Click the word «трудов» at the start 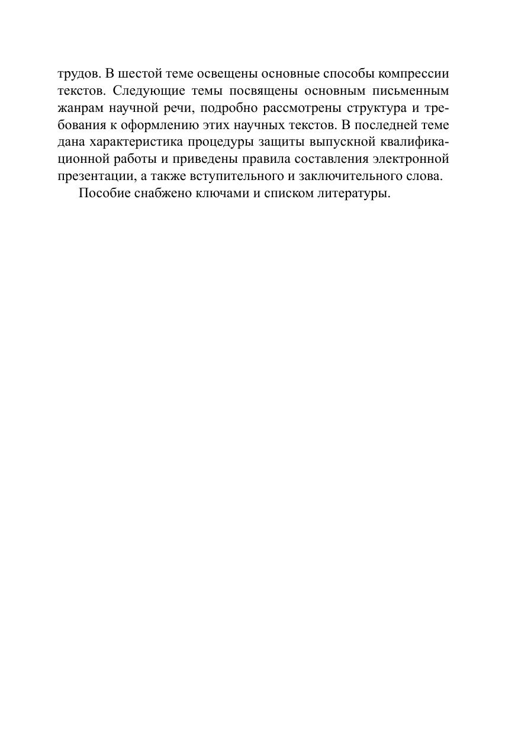pos(79,74)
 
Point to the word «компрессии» pos(417,74)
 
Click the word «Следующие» pos(144,91)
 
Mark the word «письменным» pos(411,91)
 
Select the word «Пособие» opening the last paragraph pos(105,194)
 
